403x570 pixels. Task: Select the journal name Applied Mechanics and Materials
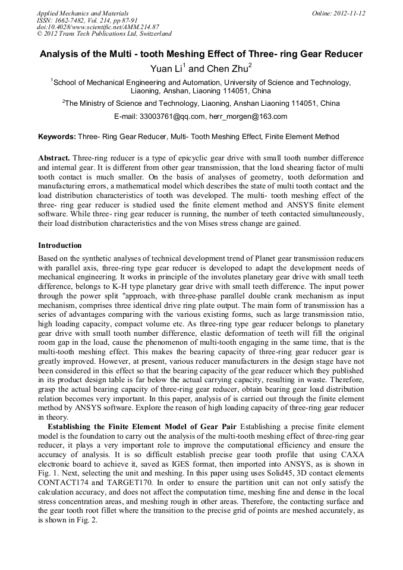(83, 13)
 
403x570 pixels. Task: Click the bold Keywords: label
(57, 137)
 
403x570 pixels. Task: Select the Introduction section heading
(60, 245)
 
